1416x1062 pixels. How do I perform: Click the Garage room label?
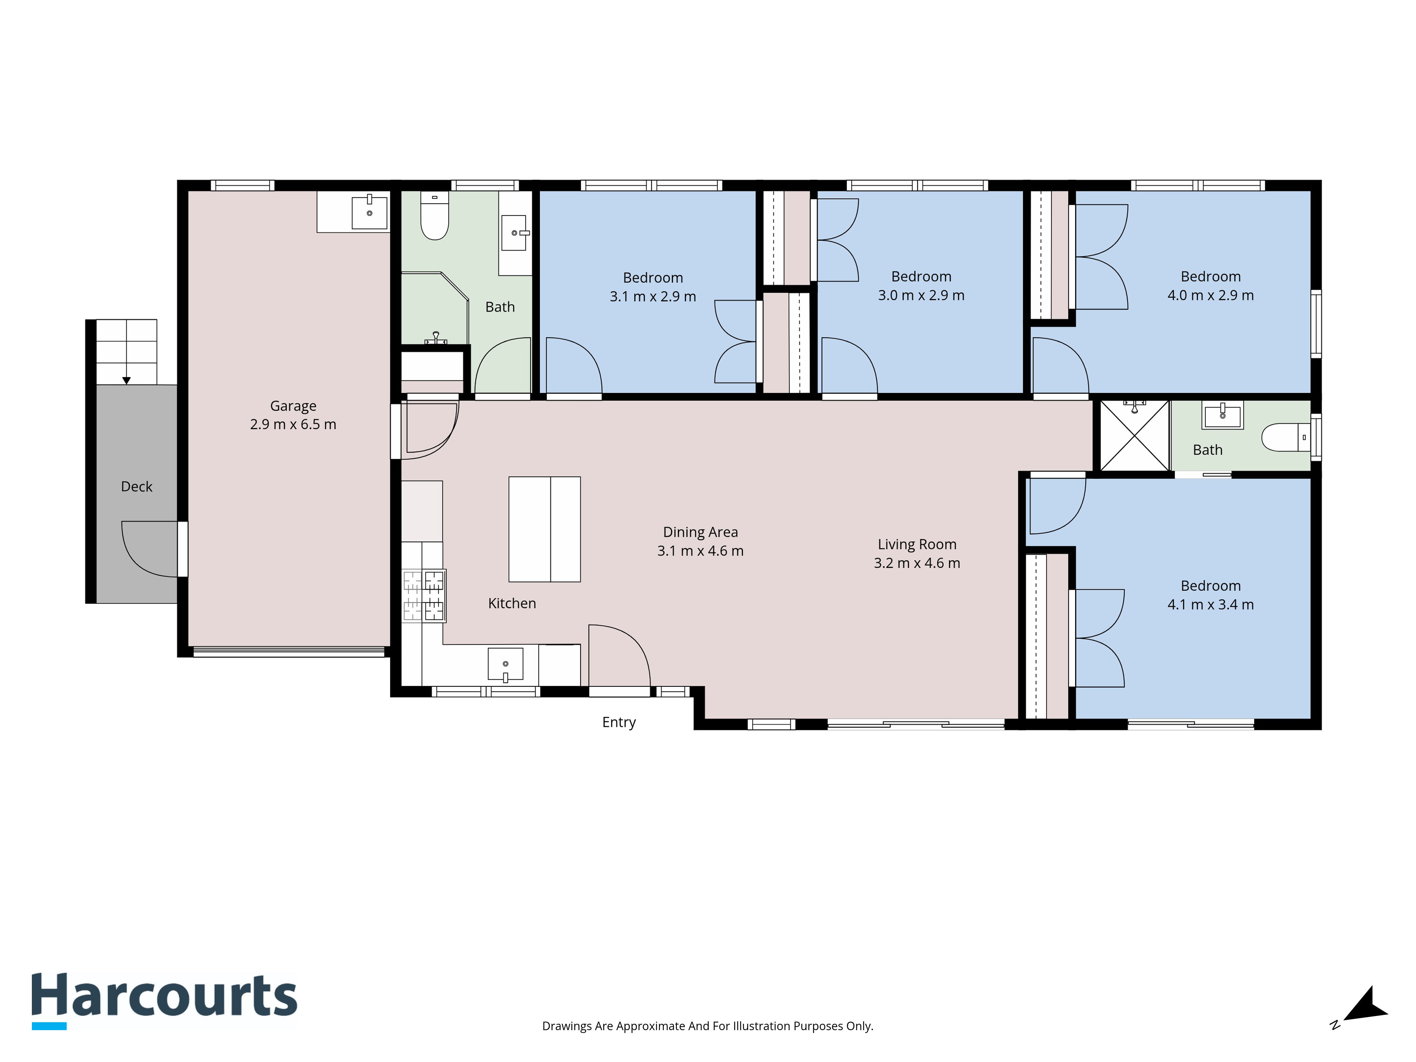tap(293, 406)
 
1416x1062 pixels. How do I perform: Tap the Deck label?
tap(136, 486)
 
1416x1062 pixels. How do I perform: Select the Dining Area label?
tap(700, 532)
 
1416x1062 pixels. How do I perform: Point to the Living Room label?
tap(917, 544)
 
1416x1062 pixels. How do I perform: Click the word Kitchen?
tap(512, 603)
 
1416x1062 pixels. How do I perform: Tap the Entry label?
tap(619, 722)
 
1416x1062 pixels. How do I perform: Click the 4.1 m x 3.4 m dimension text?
tap(1211, 604)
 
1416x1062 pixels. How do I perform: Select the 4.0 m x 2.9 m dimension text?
tap(1211, 295)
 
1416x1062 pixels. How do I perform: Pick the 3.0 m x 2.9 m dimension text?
tap(921, 295)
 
